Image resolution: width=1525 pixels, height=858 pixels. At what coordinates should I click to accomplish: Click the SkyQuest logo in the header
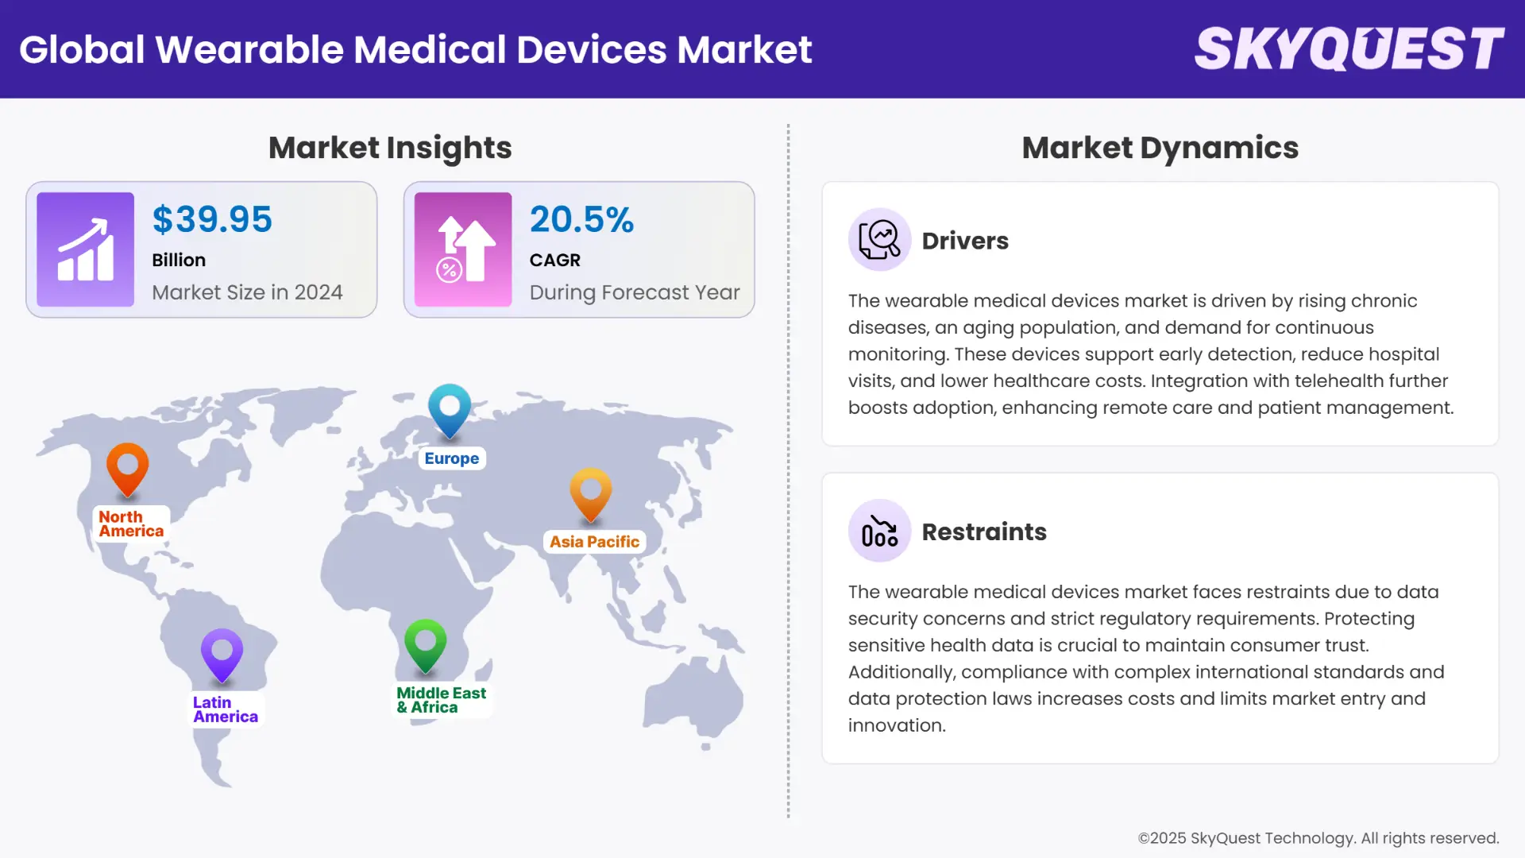[x=1349, y=49]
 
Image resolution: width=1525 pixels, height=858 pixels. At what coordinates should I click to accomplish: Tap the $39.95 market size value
[x=212, y=219]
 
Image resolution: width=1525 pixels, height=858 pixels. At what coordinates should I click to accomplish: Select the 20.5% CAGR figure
[x=581, y=219]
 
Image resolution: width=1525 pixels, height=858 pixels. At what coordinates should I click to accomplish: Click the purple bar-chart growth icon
[x=85, y=249]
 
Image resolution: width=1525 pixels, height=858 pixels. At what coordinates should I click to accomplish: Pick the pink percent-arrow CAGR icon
[x=463, y=249]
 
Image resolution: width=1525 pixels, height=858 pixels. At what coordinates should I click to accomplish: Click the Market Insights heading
[x=390, y=148]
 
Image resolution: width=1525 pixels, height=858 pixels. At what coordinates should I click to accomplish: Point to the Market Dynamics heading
[x=1160, y=148]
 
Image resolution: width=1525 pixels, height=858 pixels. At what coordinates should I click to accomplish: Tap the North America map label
[x=131, y=524]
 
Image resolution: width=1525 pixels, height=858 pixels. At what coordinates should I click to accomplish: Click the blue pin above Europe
[x=450, y=408]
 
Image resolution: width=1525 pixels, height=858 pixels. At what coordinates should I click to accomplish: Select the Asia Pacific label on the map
[x=594, y=542]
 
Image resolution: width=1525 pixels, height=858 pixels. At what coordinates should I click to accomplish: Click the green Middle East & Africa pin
[x=426, y=643]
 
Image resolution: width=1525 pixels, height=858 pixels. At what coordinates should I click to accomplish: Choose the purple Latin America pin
[x=222, y=653]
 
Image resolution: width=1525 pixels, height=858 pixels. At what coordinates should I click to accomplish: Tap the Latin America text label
[x=225, y=709]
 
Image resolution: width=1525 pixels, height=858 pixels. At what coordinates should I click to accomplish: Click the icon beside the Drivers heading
[x=879, y=240]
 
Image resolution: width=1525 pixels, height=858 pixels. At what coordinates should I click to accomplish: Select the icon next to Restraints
[x=879, y=531]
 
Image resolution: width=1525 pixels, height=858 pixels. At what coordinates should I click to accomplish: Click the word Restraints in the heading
[x=984, y=531]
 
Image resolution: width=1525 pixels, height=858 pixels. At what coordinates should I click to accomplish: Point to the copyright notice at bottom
[x=1318, y=838]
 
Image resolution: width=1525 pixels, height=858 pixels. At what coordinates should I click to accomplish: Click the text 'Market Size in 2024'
[x=247, y=292]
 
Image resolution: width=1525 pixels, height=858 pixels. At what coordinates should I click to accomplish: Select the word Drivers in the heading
[x=965, y=241]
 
